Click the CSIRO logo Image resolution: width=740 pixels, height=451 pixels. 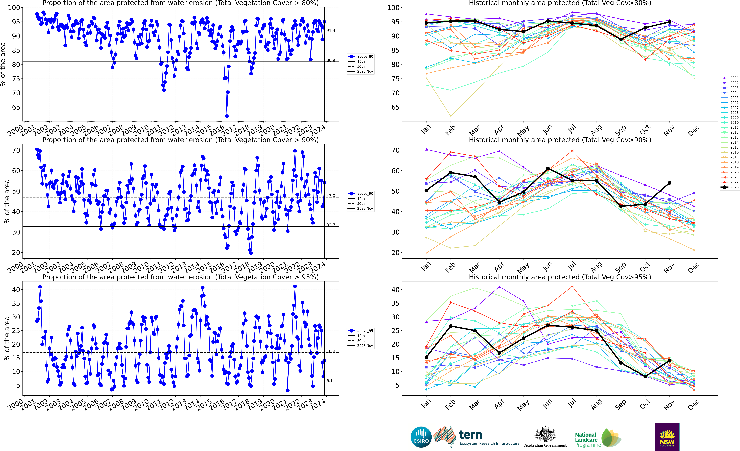421,437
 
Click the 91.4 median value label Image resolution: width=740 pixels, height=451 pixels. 331,31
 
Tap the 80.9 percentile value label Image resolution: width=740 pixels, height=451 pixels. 331,60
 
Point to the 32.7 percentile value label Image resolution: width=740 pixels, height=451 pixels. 331,225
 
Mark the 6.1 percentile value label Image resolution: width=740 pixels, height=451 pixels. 329,381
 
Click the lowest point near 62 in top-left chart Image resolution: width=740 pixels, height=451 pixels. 227,116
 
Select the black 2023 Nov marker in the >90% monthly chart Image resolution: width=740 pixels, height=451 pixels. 669,183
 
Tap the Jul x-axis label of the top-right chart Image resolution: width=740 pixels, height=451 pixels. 572,129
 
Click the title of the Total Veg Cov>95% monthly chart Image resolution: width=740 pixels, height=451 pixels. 560,277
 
